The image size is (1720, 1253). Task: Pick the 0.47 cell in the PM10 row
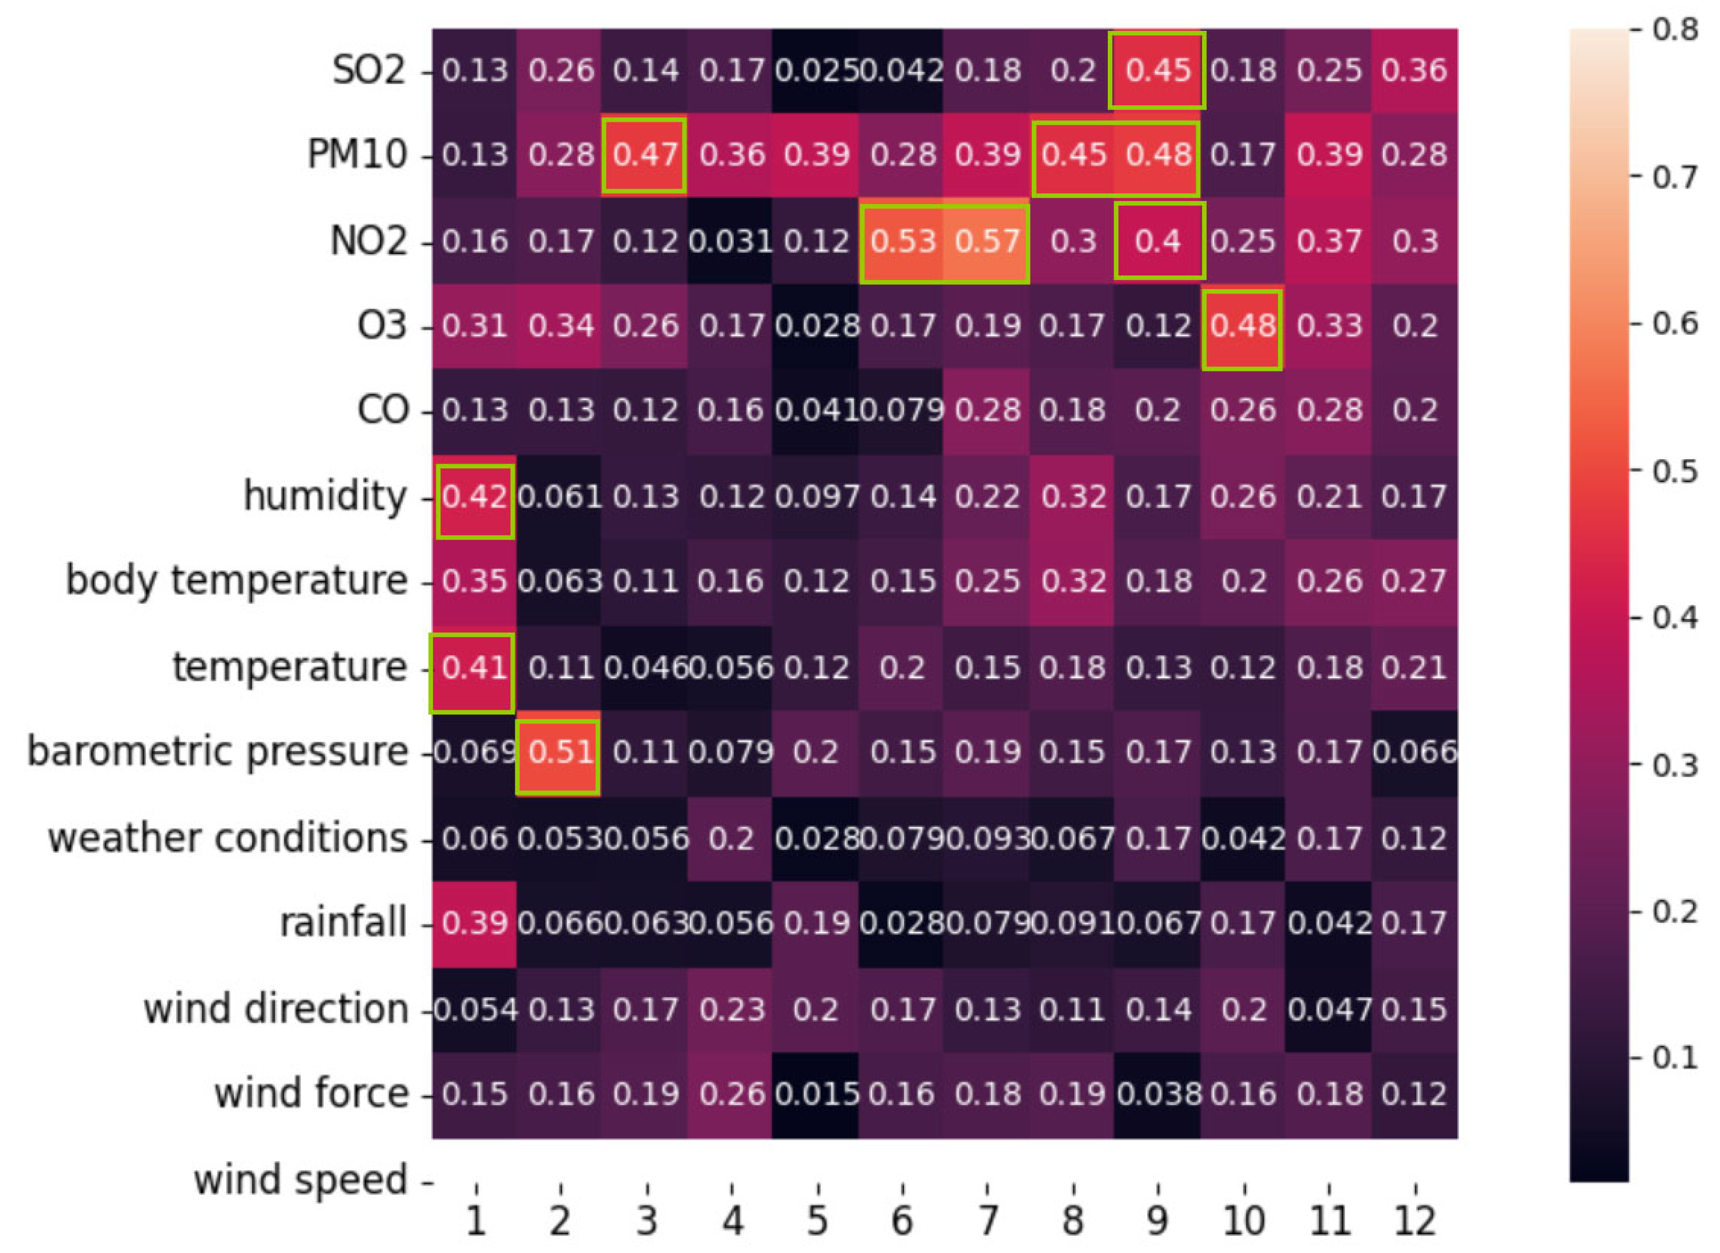tap(645, 155)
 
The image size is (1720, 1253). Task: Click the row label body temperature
tap(237, 582)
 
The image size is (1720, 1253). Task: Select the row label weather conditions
tap(228, 839)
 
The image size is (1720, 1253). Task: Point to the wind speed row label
tap(300, 1181)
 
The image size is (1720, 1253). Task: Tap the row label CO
tap(382, 411)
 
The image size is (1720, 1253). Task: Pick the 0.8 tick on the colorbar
tap(1674, 31)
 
